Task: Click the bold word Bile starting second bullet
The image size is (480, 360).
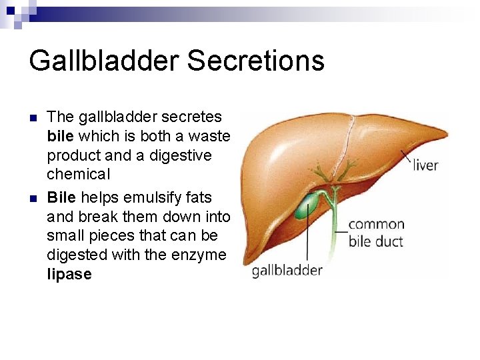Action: click(62, 197)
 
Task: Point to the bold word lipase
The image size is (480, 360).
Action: click(69, 274)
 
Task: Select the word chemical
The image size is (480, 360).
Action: click(78, 175)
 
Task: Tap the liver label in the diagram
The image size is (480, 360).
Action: click(425, 165)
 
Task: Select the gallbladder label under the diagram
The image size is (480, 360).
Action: click(287, 271)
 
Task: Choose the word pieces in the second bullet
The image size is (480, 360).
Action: click(110, 236)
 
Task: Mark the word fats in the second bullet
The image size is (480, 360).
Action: click(197, 197)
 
